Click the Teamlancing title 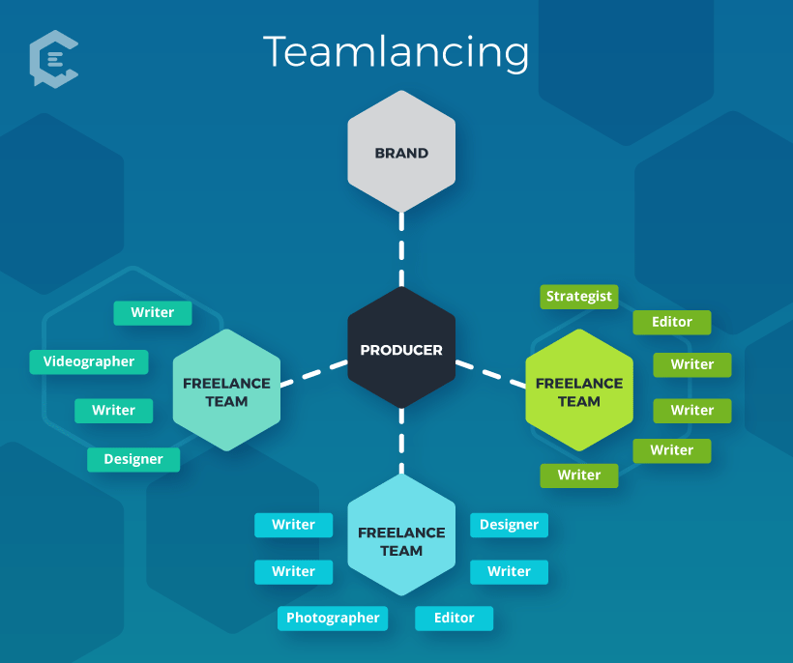(396, 51)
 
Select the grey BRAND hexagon (401, 153)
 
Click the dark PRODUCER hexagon (401, 350)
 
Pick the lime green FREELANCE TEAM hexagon (579, 391)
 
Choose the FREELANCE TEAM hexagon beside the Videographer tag (226, 391)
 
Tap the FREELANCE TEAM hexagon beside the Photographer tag (401, 540)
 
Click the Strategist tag (578, 296)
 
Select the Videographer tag (89, 361)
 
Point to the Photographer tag (333, 618)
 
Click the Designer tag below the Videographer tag (133, 459)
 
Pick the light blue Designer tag (509, 525)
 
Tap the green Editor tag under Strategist (672, 322)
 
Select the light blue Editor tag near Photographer (454, 618)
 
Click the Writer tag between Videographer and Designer (113, 410)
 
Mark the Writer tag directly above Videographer (153, 312)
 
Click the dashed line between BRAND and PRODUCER (401, 249)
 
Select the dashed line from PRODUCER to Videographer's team (313, 373)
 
